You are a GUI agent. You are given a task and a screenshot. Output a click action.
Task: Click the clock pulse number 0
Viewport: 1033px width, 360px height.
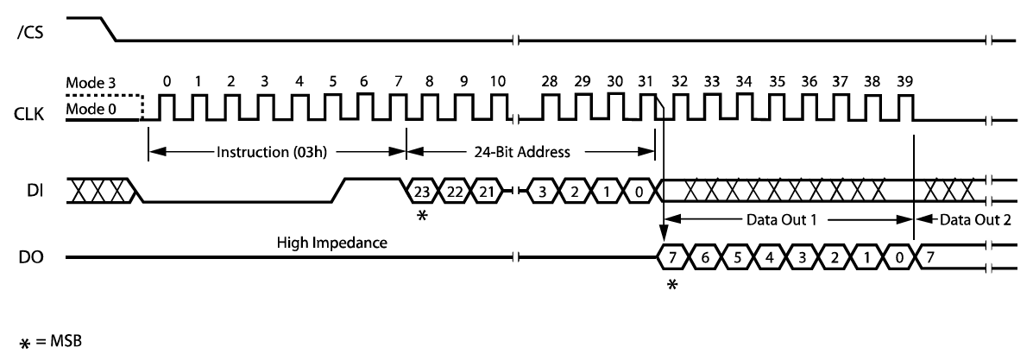pos(167,82)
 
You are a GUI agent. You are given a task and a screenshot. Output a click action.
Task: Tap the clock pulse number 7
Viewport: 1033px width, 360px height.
pos(398,82)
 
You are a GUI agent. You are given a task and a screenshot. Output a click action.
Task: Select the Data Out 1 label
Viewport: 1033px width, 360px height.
pos(770,219)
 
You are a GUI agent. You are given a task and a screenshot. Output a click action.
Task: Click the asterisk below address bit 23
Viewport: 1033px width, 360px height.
pos(421,216)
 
